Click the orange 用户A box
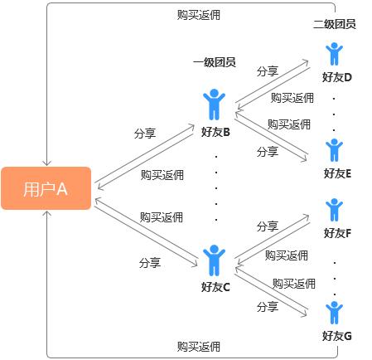click(x=46, y=188)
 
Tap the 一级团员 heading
click(x=214, y=62)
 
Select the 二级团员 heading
click(x=335, y=24)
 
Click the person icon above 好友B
click(x=215, y=105)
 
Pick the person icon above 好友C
click(x=215, y=260)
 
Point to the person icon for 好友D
click(x=334, y=54)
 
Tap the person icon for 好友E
click(x=334, y=150)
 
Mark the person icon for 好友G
click(x=334, y=313)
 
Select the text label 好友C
click(x=215, y=287)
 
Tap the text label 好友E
click(x=337, y=173)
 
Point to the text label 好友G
click(x=337, y=336)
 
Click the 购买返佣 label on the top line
click(x=200, y=15)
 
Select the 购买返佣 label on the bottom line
click(x=199, y=346)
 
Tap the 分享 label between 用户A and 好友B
click(x=144, y=132)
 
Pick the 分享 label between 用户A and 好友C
click(x=149, y=262)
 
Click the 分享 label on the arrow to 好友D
click(x=268, y=71)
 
